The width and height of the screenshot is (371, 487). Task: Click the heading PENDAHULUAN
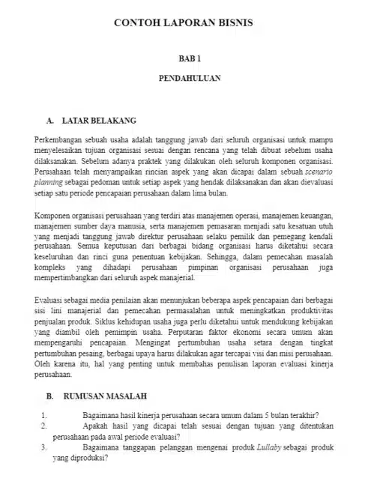(x=185, y=77)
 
